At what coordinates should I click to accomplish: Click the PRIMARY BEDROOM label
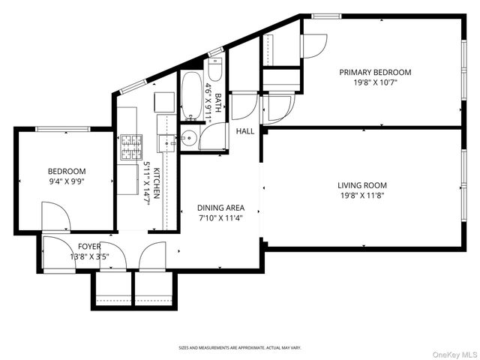point(375,73)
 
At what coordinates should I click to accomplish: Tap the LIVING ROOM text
point(361,185)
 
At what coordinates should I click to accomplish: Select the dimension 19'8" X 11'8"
point(361,196)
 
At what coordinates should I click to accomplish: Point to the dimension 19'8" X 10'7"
point(375,83)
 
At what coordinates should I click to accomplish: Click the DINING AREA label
point(220,208)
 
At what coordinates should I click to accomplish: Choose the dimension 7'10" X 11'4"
point(220,218)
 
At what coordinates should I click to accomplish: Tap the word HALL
point(245,131)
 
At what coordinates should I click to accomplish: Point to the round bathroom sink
point(188,137)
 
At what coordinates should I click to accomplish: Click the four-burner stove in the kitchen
point(130,141)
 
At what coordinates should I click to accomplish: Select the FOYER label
point(89,246)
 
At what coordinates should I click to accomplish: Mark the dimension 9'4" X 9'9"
point(67,181)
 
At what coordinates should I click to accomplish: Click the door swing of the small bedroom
point(55,218)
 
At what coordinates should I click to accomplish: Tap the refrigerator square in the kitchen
point(163,101)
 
